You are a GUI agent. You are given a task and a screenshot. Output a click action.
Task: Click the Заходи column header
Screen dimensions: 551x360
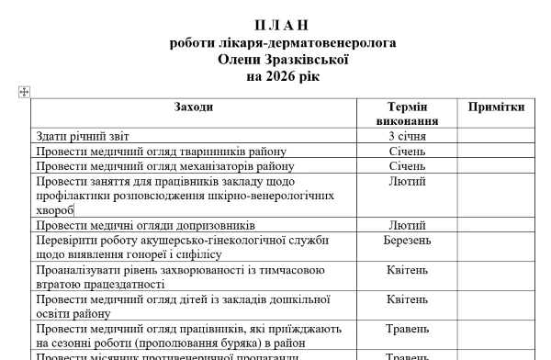tap(194, 107)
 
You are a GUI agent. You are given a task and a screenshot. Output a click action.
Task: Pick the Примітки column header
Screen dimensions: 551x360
tap(496, 107)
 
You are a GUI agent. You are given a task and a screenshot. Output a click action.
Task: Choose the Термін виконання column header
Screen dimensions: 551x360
tap(407, 114)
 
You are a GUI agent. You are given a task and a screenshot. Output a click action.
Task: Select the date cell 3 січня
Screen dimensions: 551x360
tap(407, 137)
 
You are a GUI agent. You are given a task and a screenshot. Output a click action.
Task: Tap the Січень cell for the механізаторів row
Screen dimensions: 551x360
tap(407, 166)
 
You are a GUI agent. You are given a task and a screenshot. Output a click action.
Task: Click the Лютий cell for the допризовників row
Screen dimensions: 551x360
tap(407, 225)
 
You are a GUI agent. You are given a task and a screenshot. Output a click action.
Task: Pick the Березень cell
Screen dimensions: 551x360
tap(407, 240)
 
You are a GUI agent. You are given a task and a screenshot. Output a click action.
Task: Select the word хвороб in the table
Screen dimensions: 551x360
tap(54, 210)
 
